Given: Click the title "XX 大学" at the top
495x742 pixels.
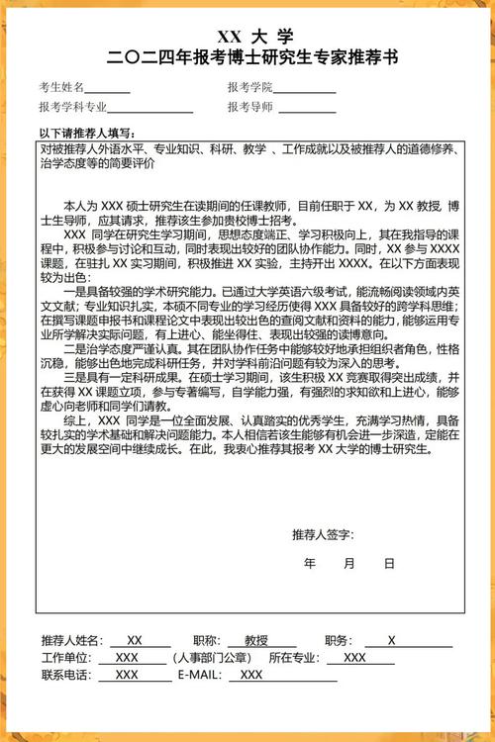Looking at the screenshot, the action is [x=247, y=38].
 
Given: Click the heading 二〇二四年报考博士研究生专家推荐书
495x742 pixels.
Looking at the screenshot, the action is [x=247, y=58].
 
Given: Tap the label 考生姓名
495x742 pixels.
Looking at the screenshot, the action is [x=61, y=87].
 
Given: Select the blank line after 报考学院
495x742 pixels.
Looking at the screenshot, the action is [x=305, y=90].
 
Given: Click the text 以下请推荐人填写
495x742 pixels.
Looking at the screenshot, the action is [x=87, y=133].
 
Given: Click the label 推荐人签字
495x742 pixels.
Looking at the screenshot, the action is [x=323, y=535].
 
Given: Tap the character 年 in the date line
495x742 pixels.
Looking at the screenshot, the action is [x=310, y=563].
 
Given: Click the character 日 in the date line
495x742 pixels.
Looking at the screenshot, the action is [x=389, y=563].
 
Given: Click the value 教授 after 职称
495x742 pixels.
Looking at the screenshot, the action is [x=256, y=640].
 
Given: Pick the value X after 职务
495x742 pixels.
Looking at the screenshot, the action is [x=392, y=640].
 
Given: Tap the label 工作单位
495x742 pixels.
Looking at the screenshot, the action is [x=65, y=658].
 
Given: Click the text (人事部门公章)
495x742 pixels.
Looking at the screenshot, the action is [x=211, y=658].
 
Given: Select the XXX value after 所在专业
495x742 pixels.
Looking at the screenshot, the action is [x=354, y=658].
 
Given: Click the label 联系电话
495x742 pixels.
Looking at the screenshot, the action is [x=65, y=675].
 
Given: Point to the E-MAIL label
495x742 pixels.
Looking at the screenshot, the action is [x=202, y=675].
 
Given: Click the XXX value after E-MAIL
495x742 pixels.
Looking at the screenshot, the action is [x=251, y=675].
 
